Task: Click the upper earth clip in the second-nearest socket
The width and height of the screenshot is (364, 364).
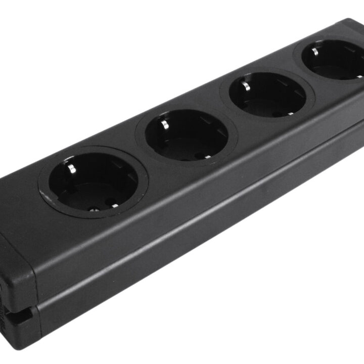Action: point(165,123)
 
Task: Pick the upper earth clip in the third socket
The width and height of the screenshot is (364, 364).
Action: point(246,84)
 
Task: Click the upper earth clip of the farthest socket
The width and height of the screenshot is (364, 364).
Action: point(315,51)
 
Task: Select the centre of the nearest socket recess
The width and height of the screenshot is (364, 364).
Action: point(93,183)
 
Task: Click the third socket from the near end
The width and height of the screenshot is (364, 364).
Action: point(267,95)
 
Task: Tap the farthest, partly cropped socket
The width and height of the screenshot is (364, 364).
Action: point(334,60)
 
